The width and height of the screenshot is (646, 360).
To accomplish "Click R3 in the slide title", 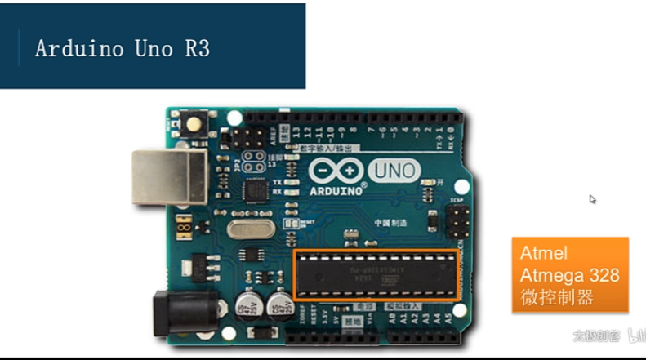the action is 197,48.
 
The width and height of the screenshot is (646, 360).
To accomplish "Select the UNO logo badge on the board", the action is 394,171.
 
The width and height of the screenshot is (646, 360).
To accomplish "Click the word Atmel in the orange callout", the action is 544,253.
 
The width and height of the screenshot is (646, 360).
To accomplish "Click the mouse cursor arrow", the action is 592,198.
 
